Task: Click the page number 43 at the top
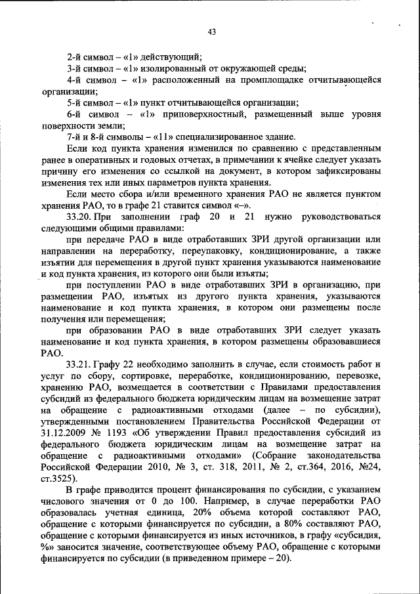tap(211, 32)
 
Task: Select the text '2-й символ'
tap(88, 57)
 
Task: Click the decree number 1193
tap(119, 434)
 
